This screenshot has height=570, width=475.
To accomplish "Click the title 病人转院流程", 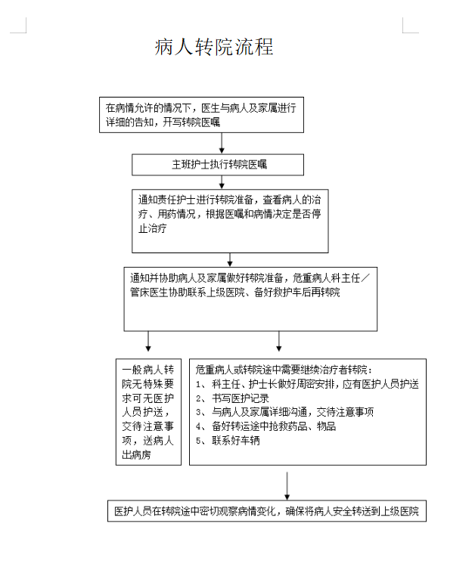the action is (x=214, y=47).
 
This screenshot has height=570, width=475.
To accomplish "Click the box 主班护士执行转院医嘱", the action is (x=218, y=165).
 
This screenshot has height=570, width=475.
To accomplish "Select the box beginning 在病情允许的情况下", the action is (x=201, y=115).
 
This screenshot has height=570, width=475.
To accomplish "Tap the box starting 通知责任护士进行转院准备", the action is (x=230, y=221).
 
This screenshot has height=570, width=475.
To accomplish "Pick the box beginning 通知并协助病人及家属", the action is (x=250, y=299).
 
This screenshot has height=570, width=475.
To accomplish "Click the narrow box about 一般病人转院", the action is (x=148, y=412).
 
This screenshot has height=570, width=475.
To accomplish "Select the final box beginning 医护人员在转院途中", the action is (x=266, y=511).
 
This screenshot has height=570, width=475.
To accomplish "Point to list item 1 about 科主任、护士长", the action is (x=307, y=384).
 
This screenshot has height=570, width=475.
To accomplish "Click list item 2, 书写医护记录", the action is (x=232, y=398).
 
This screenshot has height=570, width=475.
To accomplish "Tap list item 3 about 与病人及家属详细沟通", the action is (x=284, y=412).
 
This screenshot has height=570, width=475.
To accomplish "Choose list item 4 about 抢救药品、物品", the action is (x=265, y=426).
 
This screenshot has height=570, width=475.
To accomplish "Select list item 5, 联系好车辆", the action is (x=228, y=441).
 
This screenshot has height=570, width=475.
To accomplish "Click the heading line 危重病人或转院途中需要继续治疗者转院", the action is (x=284, y=370).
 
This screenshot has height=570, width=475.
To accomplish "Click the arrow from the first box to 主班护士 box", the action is (x=222, y=143).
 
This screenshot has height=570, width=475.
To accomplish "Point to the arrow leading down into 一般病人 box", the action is (x=148, y=341).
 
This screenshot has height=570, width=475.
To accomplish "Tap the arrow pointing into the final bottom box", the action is (x=287, y=486).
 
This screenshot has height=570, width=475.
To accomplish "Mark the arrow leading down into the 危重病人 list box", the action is (x=279, y=341).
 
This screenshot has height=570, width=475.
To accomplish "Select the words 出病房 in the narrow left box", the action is (x=136, y=455).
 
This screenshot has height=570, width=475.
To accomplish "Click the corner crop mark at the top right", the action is (x=403, y=33).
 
